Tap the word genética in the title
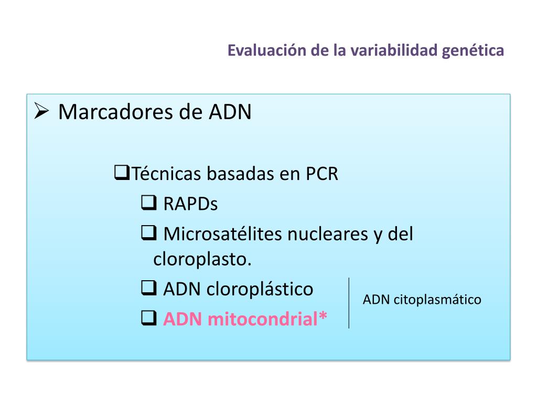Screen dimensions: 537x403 click(x=472, y=51)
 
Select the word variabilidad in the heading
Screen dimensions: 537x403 click(x=394, y=50)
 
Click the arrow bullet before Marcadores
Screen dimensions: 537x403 click(x=41, y=111)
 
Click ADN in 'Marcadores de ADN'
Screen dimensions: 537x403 click(x=230, y=112)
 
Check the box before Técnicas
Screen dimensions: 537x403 click(x=122, y=173)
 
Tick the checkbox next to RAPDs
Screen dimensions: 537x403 click(x=149, y=203)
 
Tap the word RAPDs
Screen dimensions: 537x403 click(x=190, y=204)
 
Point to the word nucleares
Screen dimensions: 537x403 click(x=328, y=234)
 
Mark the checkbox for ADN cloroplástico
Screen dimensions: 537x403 click(x=149, y=288)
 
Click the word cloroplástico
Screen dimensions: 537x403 click(x=260, y=289)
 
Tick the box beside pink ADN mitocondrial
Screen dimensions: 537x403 click(x=149, y=317)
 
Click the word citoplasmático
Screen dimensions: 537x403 click(x=437, y=300)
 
